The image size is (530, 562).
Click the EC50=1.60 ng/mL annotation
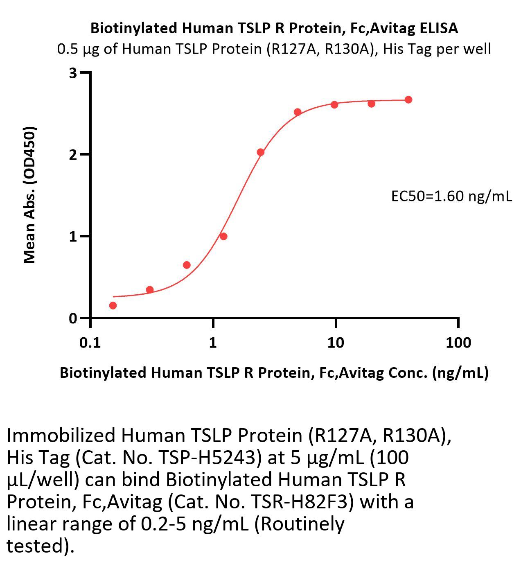[451, 196]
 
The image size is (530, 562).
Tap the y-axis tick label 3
[73, 73]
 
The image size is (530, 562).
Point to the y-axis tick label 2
[73, 154]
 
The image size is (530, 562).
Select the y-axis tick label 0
[73, 318]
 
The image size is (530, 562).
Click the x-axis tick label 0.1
[90, 342]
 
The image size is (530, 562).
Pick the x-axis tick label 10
[335, 342]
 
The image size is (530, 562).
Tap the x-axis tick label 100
[458, 342]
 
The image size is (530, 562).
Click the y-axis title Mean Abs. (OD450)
[29, 195]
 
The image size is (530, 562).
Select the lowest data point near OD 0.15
[113, 305]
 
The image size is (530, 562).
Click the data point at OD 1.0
[223, 236]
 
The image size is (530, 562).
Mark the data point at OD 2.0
[260, 152]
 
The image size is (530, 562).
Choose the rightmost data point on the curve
[408, 99]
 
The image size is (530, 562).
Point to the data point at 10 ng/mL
[334, 104]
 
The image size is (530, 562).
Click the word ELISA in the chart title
[438, 28]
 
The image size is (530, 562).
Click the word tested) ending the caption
[40, 546]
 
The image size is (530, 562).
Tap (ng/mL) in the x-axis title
[460, 372]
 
